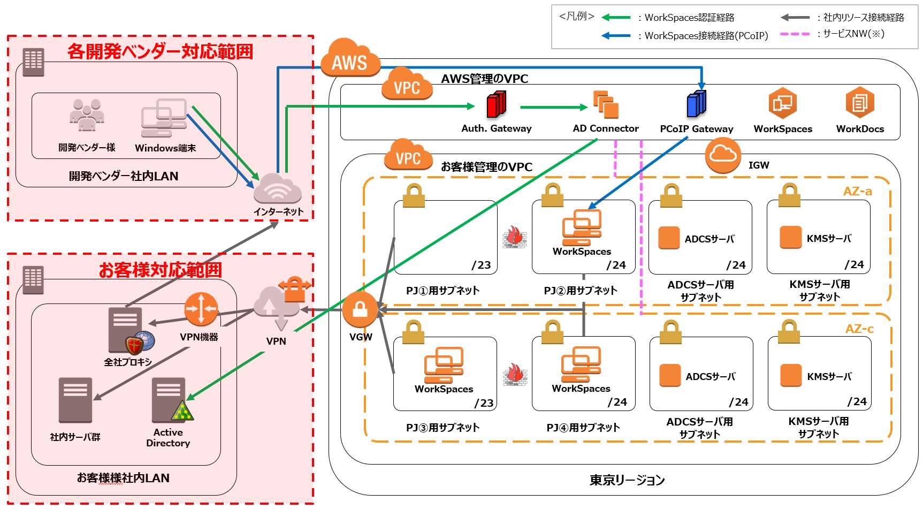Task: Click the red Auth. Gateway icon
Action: [497, 105]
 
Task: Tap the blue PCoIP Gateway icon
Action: [696, 104]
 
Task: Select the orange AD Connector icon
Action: [606, 104]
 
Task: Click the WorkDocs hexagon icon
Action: [860, 103]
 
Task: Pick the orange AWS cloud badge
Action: [350, 59]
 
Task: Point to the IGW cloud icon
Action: [723, 155]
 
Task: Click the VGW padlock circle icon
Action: [360, 309]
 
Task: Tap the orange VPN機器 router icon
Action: [201, 309]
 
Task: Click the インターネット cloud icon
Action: [277, 188]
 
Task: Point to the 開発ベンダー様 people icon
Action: [87, 116]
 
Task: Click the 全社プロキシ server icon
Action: [126, 329]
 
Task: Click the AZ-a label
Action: [857, 192]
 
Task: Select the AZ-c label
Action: [859, 329]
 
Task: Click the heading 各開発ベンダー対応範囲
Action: [160, 52]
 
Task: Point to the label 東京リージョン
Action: [627, 480]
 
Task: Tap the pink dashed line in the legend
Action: [795, 34]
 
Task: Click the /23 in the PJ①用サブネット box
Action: [481, 265]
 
